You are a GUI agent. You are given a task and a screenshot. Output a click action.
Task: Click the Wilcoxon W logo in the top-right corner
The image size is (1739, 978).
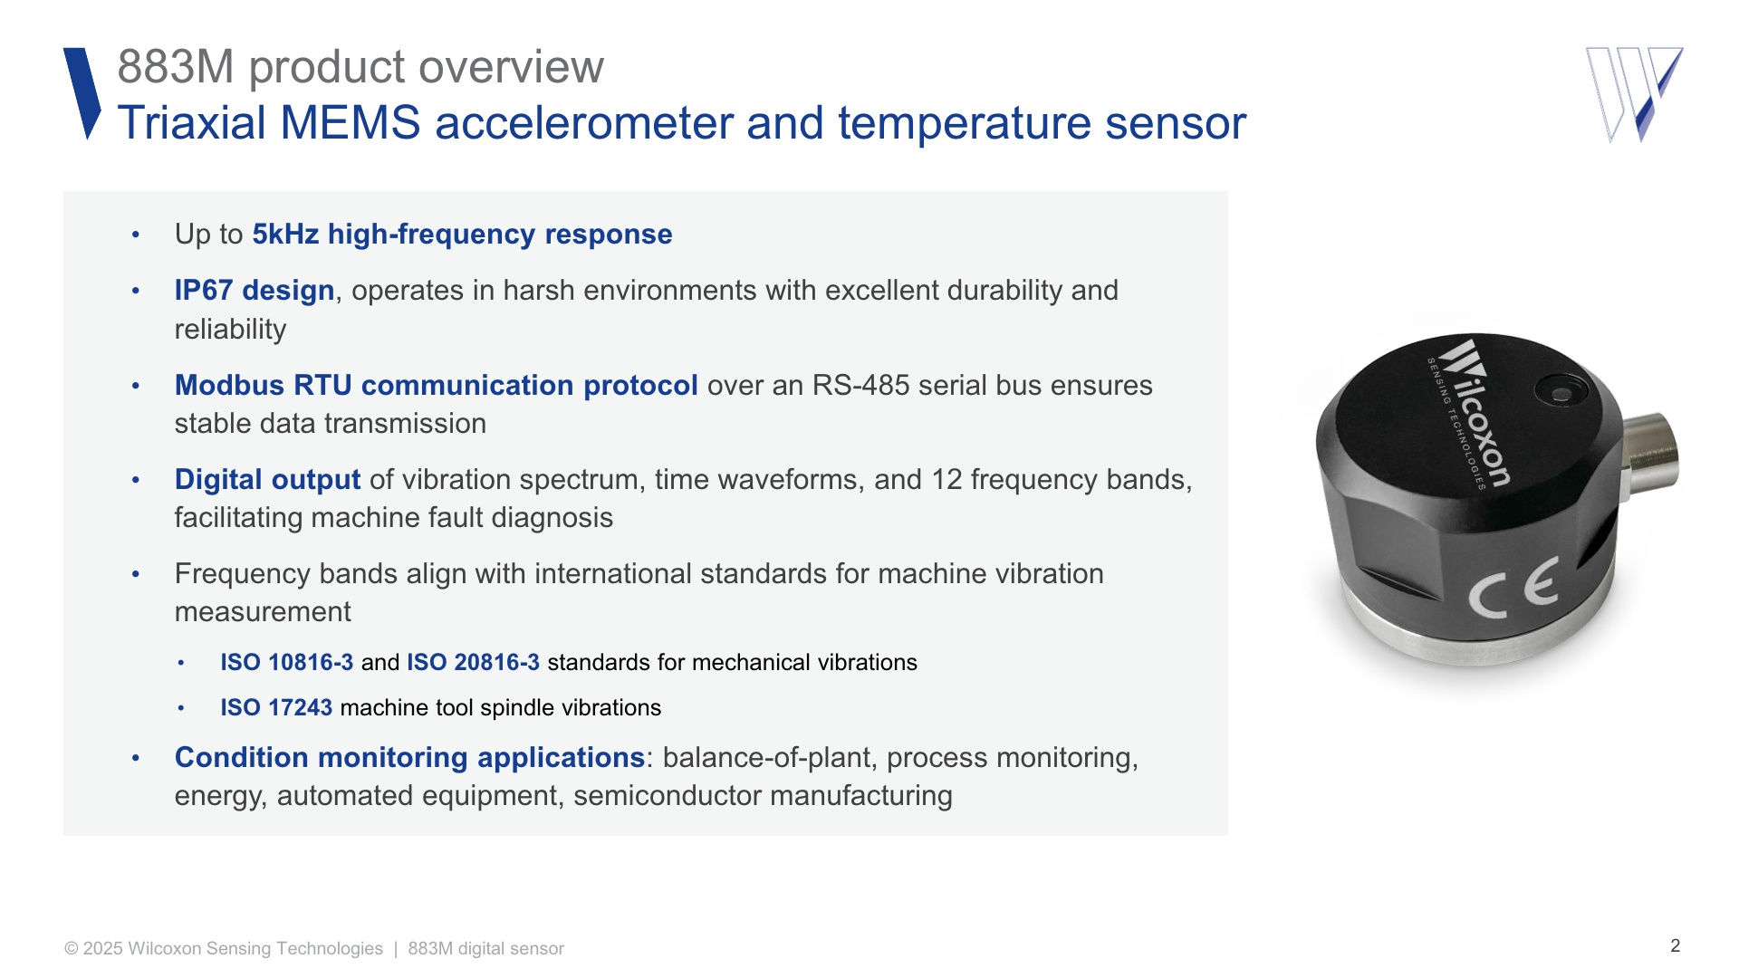pos(1634,94)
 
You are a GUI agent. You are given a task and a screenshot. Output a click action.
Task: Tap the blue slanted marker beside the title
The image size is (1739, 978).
pos(82,93)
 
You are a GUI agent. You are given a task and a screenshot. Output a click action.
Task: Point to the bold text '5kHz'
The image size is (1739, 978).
pos(285,235)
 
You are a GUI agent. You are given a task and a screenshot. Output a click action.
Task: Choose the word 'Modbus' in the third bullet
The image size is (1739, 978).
pos(229,385)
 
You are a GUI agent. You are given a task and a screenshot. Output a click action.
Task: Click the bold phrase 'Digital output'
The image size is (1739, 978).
pos(267,479)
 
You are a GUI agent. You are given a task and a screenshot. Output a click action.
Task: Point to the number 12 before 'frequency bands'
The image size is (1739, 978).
pos(946,479)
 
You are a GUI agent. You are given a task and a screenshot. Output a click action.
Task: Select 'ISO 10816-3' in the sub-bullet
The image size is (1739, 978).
pos(286,662)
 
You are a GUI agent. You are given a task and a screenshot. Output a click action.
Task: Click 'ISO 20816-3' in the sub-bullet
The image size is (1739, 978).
pos(473,662)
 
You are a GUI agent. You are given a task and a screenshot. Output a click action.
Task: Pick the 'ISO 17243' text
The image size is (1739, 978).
pos(276,707)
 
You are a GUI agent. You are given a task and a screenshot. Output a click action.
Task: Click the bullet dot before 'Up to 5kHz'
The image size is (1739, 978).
pos(136,235)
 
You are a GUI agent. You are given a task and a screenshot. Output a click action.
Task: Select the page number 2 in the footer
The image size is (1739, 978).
pos(1676,945)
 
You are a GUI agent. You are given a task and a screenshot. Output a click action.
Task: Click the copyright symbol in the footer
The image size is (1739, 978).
pos(72,949)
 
